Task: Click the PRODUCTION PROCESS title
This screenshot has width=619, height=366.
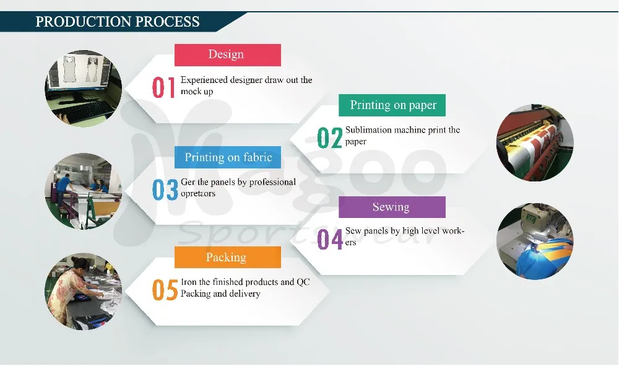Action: tap(118, 21)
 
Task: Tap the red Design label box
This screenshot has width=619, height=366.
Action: tap(228, 55)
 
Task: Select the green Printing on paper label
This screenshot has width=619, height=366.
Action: tap(392, 105)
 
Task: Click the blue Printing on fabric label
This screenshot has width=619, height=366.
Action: tap(228, 157)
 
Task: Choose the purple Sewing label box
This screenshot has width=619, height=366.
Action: tap(392, 207)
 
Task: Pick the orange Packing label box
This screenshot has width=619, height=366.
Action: tap(228, 257)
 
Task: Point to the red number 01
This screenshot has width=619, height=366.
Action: tap(163, 87)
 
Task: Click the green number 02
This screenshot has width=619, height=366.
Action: tap(330, 138)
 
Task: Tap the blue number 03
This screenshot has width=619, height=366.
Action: tap(165, 190)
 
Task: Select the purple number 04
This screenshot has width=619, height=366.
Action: tap(330, 239)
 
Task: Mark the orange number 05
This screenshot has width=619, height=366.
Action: tap(165, 290)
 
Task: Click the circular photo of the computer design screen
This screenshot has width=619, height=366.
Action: tap(84, 89)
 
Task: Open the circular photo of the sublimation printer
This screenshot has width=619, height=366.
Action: tap(535, 142)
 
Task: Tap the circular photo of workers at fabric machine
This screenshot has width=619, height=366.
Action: tap(84, 191)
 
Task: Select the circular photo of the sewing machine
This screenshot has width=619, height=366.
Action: tap(535, 242)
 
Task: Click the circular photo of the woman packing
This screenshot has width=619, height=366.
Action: tap(84, 292)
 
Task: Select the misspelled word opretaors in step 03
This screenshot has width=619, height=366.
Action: tap(198, 194)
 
